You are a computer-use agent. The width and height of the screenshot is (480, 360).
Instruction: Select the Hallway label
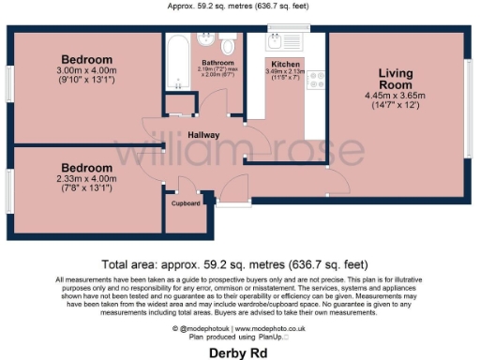pyautogui.click(x=204, y=135)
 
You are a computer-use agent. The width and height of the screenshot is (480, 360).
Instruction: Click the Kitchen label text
pyautogui.click(x=285, y=62)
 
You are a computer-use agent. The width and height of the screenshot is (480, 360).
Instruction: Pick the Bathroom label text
pyautogui.click(x=217, y=63)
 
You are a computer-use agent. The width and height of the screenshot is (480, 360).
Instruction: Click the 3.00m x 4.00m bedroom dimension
pyautogui.click(x=87, y=69)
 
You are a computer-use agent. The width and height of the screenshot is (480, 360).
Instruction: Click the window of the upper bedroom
pyautogui.click(x=9, y=84)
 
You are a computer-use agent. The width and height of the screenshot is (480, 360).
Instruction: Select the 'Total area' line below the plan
pyautogui.click(x=240, y=265)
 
